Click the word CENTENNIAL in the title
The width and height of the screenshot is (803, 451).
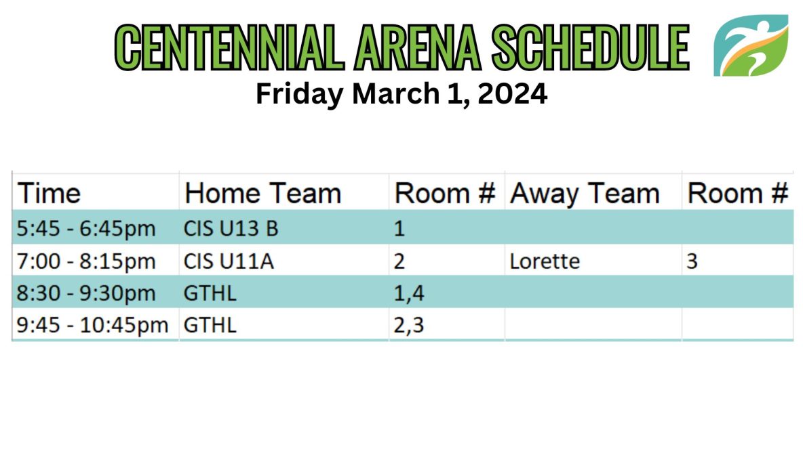click(229, 47)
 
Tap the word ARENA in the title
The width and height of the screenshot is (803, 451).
click(417, 47)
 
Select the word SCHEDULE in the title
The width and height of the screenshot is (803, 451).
click(591, 47)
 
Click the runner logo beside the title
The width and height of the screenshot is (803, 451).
click(751, 45)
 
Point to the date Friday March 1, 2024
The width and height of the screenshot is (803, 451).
click(401, 94)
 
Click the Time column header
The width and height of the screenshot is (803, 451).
click(49, 194)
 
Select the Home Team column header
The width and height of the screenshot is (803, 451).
click(262, 194)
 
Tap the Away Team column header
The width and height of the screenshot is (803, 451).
click(585, 194)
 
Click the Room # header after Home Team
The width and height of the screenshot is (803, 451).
click(444, 194)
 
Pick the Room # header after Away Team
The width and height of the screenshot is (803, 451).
click(737, 194)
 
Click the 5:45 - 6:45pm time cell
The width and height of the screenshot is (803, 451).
click(86, 229)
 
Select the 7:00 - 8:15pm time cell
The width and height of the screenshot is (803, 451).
click(86, 261)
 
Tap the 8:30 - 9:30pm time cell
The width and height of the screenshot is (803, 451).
click(86, 293)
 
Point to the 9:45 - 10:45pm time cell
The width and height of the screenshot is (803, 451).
click(93, 325)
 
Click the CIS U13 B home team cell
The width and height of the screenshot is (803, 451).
click(231, 229)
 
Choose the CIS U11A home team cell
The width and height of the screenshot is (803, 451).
click(229, 261)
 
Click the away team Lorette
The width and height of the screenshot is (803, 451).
click(545, 261)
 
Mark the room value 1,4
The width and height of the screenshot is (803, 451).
click(409, 293)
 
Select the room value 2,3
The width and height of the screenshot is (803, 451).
click(409, 326)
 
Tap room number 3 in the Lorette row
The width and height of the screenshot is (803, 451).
click(692, 261)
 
